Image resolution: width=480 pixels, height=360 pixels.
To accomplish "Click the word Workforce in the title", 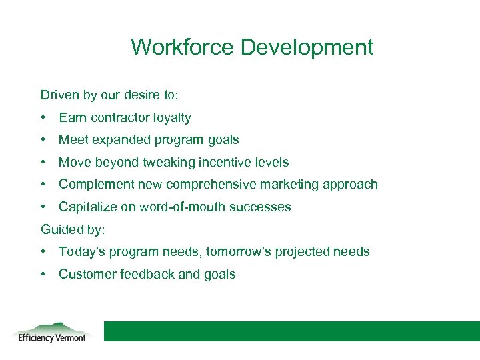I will (x=183, y=47).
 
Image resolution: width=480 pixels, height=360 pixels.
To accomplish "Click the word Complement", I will (x=95, y=184).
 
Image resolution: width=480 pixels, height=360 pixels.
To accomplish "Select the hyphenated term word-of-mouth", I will (x=177, y=207).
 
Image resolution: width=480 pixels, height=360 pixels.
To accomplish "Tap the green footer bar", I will (x=291, y=331).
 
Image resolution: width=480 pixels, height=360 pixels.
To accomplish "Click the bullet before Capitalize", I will (x=43, y=207).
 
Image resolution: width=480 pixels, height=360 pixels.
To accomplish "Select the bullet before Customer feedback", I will (x=43, y=274).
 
